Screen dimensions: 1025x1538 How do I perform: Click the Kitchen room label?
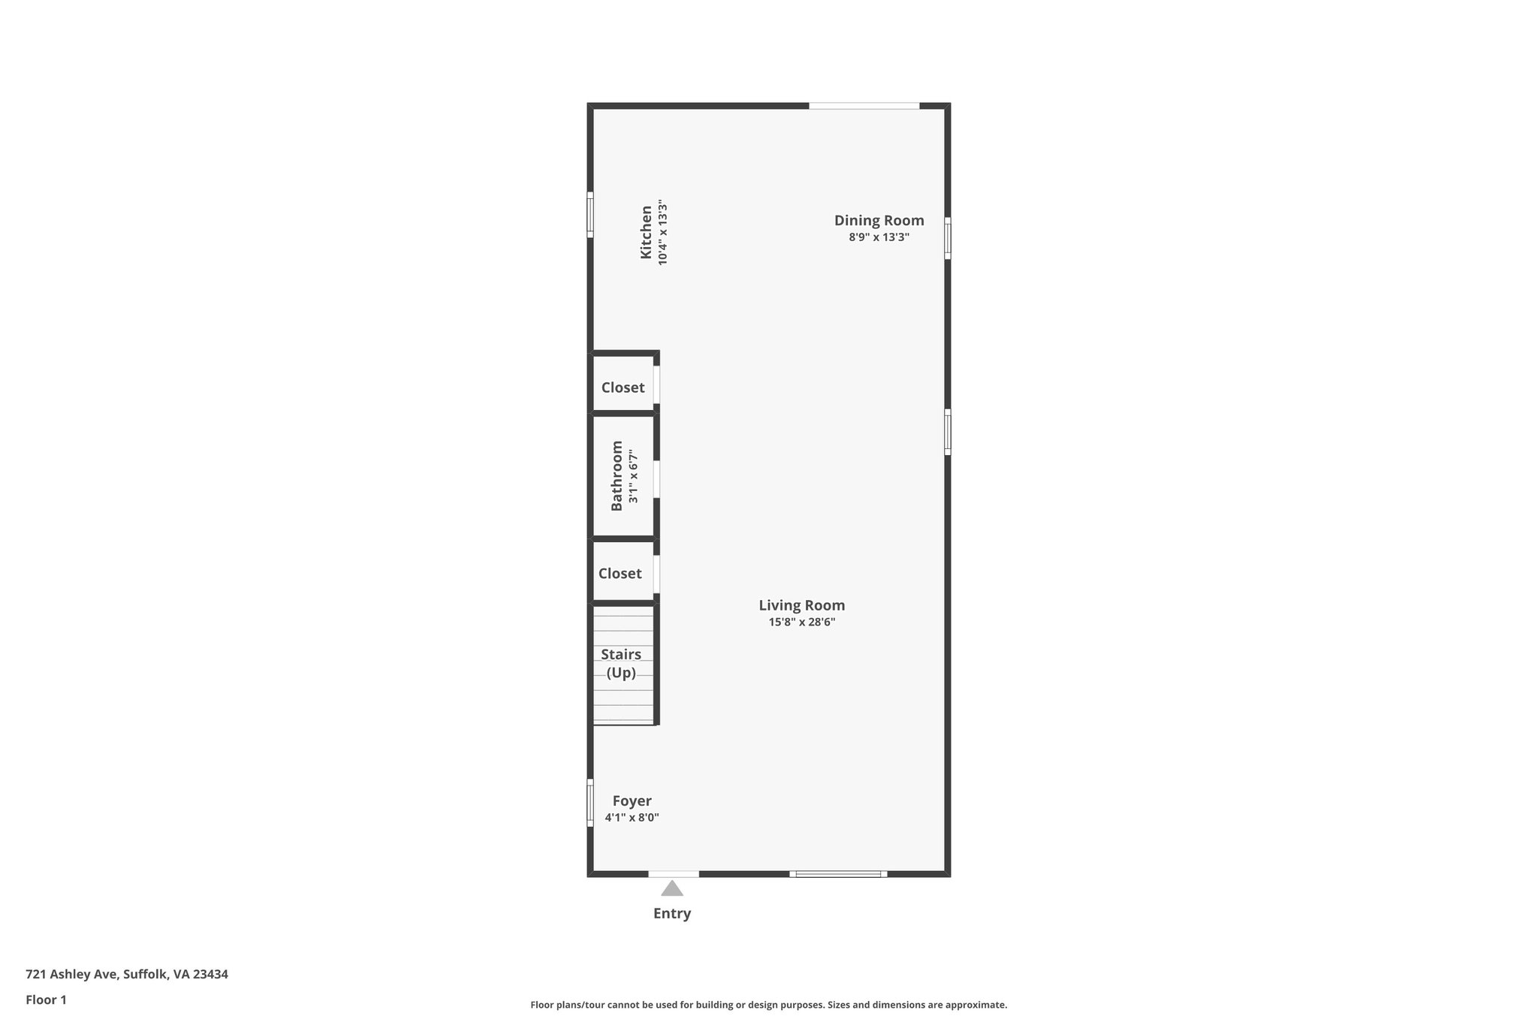pos(646,233)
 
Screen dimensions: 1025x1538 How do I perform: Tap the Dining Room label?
pos(879,221)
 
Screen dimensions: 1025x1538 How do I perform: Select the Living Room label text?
pos(801,605)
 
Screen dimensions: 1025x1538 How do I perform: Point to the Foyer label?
pos(632,800)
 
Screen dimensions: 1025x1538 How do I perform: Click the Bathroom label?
pos(617,476)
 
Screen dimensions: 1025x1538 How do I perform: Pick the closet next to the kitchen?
pos(623,387)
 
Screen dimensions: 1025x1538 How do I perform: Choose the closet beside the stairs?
pos(620,574)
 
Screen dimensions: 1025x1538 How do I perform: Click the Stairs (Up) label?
pos(621,663)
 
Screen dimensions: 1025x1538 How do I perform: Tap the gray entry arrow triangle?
pos(672,889)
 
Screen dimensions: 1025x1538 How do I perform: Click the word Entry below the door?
pos(672,914)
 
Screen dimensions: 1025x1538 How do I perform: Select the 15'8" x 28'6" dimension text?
pos(801,623)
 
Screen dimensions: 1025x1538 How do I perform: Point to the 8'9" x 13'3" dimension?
pos(879,237)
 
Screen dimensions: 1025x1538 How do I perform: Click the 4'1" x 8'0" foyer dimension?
pos(632,818)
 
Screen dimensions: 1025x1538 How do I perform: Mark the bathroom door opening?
pos(656,479)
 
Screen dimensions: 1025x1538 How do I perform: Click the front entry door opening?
pos(674,873)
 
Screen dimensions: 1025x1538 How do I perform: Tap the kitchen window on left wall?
pos(590,215)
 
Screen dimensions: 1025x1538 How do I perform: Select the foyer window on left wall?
pos(590,803)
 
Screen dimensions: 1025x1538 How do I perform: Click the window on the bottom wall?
pos(838,873)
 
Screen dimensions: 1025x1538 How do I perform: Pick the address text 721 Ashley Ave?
pos(127,975)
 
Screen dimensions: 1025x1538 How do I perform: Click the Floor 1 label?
pos(46,1000)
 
